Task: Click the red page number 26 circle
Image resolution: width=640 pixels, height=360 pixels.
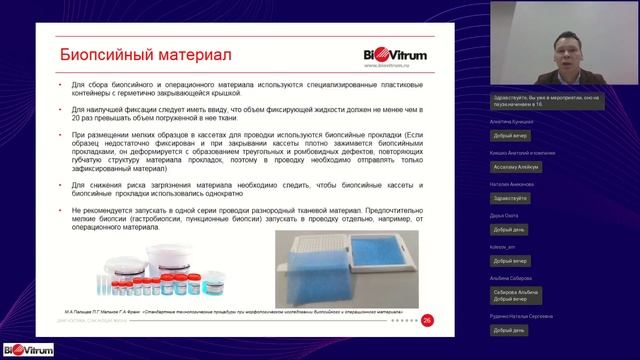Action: (428, 320)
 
